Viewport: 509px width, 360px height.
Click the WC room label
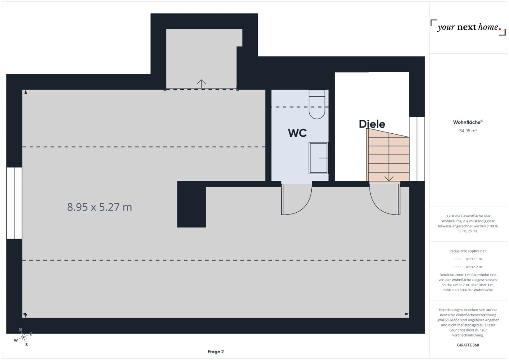coord(297,133)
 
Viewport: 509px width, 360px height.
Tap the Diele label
coord(372,124)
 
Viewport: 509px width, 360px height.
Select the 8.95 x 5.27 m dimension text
coord(100,207)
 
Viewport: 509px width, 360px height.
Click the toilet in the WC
coord(317,104)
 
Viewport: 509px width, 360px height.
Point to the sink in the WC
coord(319,158)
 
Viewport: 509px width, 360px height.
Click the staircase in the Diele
coord(388,155)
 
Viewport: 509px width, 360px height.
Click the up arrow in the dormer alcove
coord(201,84)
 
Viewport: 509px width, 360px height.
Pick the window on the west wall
coord(14,203)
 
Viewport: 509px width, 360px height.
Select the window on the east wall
coord(417,149)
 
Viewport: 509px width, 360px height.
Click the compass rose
coord(23,337)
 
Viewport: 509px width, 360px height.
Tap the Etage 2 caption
coord(215,352)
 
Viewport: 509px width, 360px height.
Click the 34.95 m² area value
coord(468,131)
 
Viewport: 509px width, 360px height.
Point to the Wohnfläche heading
coord(468,122)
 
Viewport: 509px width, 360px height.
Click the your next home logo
coord(468,28)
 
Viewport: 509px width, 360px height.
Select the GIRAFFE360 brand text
coord(468,345)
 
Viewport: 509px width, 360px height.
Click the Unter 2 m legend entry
coord(468,267)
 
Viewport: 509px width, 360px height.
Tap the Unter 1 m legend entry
coord(468,259)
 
